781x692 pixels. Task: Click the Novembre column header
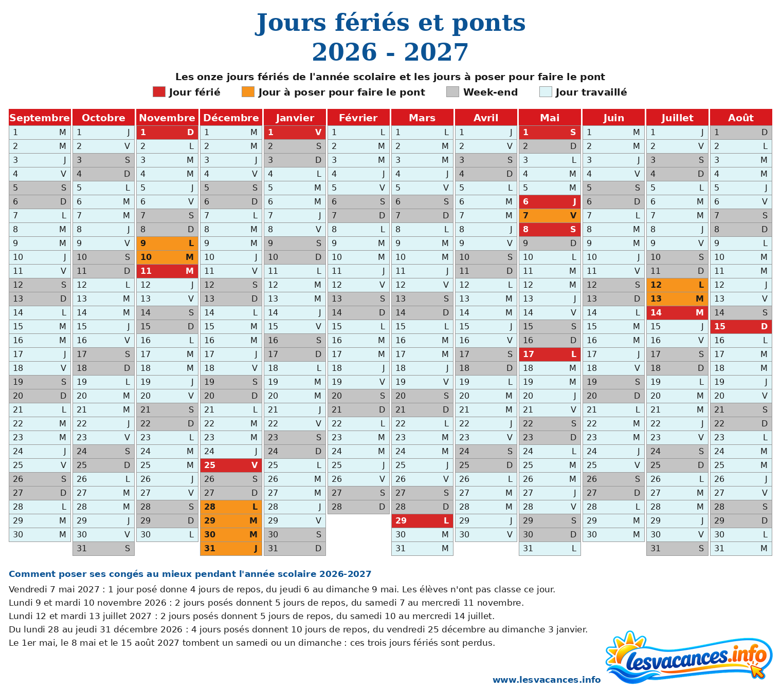pos(167,118)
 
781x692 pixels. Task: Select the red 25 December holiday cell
pos(231,465)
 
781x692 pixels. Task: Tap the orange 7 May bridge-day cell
pos(549,215)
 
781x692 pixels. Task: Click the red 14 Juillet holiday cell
pos(677,312)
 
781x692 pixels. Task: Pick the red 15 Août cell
pos(740,326)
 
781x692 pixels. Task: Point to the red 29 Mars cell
pos(422,520)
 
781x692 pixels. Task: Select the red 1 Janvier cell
pos(295,132)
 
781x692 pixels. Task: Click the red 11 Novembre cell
pos(167,271)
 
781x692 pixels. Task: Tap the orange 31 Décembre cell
pos(231,548)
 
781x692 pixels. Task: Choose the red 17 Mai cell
pos(549,354)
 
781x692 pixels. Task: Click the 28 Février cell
pos(358,507)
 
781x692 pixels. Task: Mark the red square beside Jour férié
pos(159,91)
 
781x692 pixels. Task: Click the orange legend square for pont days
pos(248,91)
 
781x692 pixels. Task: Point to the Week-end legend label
pos(491,92)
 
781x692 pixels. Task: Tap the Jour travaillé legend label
pos(591,92)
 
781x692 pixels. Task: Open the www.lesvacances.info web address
pos(546,680)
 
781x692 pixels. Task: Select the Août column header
pos(740,118)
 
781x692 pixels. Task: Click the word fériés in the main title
pos(372,23)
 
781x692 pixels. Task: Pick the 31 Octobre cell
pos(103,548)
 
